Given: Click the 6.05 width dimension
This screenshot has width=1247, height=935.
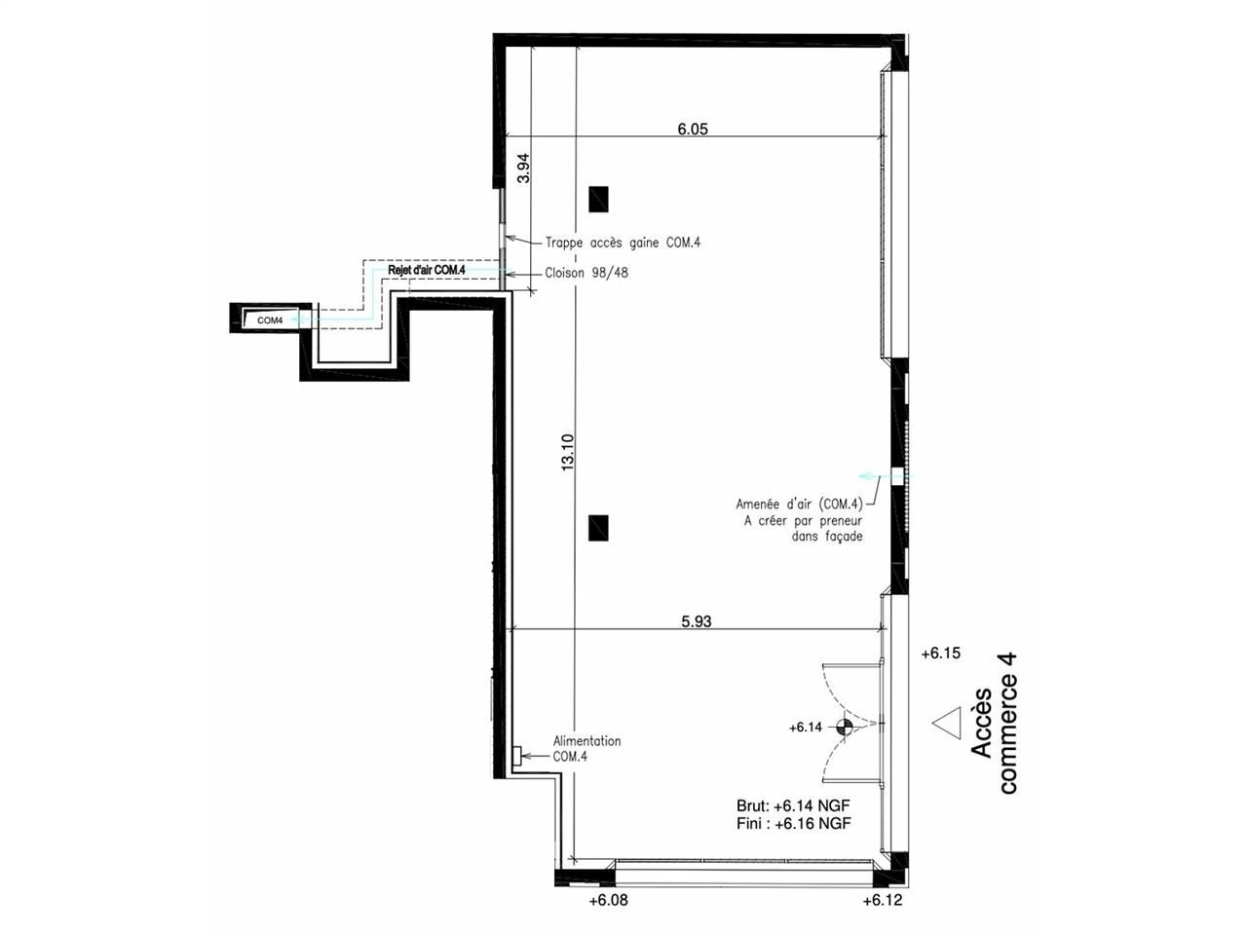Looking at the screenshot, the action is tap(693, 129).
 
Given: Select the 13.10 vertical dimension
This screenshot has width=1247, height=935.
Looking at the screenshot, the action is tap(568, 452).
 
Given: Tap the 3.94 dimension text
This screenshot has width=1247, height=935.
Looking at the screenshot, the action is tap(523, 168).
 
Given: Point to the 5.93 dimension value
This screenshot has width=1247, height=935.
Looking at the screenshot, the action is tap(696, 621).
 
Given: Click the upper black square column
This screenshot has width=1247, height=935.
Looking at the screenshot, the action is tap(598, 200).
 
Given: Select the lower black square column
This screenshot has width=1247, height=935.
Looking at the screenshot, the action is tap(598, 528).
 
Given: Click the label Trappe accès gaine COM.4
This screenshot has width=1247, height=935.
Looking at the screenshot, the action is tap(623, 243).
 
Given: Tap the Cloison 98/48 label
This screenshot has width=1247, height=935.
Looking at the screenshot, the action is tap(586, 273).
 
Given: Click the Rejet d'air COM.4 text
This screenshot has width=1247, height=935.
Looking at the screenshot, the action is tap(426, 270).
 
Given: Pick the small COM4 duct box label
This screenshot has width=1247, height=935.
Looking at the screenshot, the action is tap(270, 320).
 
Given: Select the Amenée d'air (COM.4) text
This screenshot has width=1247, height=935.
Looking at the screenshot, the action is tap(799, 505).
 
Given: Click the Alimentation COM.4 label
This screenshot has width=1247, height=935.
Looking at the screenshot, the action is tap(586, 749).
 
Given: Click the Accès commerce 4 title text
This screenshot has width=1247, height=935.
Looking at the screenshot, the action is tap(994, 724).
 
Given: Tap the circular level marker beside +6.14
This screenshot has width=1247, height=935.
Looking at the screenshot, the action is tap(845, 727).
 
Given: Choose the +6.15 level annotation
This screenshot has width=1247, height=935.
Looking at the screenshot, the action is tap(941, 654).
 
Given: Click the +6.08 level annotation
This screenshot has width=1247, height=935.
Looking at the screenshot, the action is tap(609, 900).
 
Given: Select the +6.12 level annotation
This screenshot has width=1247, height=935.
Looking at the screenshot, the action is tap(883, 900).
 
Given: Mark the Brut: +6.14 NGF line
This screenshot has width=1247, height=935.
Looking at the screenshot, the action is tap(793, 805).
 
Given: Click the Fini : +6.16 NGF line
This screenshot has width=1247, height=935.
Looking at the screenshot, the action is tap(794, 823).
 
